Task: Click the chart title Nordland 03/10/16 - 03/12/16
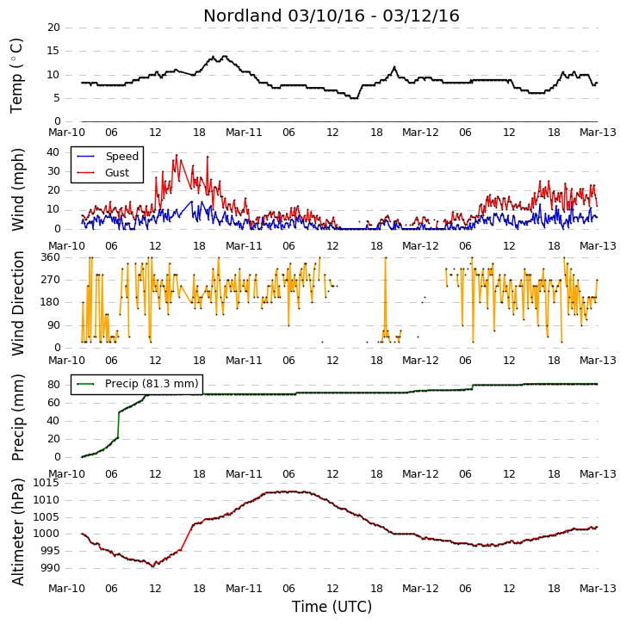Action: tap(332, 16)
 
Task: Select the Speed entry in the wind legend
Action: tap(121, 157)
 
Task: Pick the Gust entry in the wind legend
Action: tap(117, 173)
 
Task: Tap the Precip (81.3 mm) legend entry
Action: tap(152, 383)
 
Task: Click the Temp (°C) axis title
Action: tap(16, 76)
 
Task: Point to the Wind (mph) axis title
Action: tap(17, 189)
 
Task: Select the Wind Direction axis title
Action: tap(17, 303)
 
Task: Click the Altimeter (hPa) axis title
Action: tap(17, 532)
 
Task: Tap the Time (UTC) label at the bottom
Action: tap(332, 607)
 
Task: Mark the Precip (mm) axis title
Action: tap(17, 417)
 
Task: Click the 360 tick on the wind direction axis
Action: tap(50, 257)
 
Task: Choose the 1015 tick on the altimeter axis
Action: tap(46, 483)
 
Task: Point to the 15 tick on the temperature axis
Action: tap(53, 51)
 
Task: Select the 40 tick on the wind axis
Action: tap(53, 152)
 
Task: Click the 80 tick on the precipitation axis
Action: tap(53, 385)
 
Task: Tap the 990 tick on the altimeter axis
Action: tap(49, 568)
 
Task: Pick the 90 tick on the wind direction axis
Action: tap(53, 325)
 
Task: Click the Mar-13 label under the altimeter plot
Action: tap(598, 589)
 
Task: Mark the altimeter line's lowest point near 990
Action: tap(153, 566)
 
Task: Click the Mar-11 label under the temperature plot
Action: tap(244, 133)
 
